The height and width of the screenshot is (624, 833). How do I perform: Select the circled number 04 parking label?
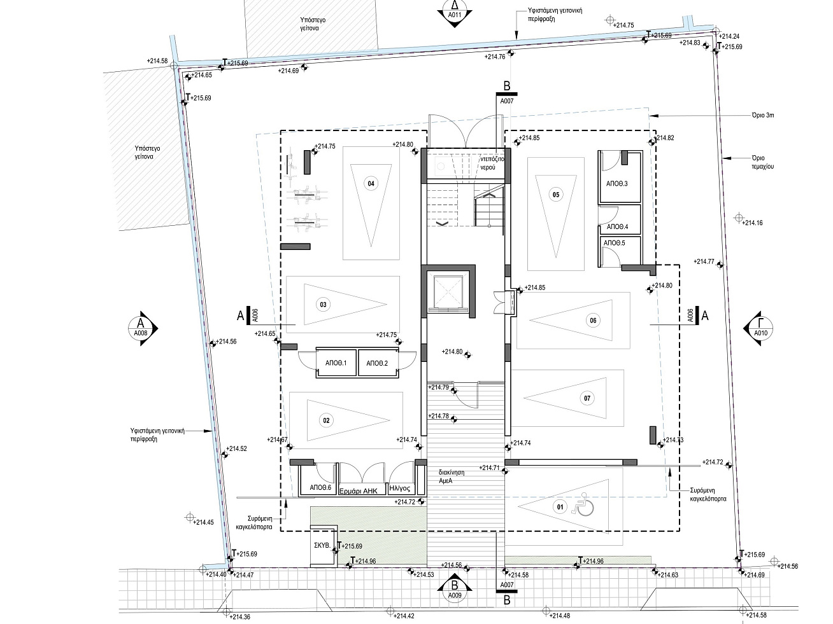point(371,184)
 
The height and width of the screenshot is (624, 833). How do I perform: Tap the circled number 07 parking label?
point(587,398)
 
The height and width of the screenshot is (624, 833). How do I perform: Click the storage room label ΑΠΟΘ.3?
point(616,184)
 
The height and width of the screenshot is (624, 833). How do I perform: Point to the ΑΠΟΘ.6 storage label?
point(321,488)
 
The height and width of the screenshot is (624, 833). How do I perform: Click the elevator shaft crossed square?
point(448,292)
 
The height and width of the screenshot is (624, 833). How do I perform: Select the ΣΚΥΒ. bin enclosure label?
point(322,546)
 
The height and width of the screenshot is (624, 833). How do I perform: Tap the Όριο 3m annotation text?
point(763,115)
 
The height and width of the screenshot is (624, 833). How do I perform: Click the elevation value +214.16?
point(751,223)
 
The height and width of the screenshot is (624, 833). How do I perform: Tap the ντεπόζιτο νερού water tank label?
point(492,163)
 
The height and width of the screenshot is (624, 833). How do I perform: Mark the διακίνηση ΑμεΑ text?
point(452,476)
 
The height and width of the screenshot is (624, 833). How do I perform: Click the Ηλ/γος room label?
point(399,489)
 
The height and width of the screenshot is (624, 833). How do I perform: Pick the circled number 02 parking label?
point(326,420)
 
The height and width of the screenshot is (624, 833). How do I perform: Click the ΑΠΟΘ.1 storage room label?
point(336,363)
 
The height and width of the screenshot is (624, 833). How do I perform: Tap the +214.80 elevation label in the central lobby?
point(452,352)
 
